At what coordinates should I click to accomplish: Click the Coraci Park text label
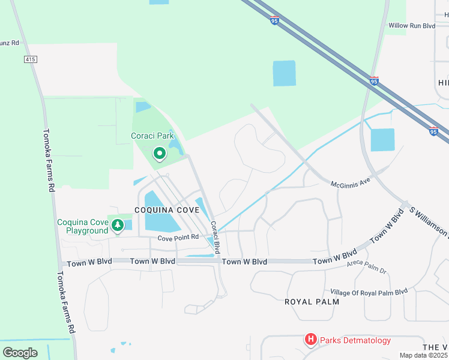152,136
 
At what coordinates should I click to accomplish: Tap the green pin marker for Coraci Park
159,154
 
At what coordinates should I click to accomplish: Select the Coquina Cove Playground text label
83,226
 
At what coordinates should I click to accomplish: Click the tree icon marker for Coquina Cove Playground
118,225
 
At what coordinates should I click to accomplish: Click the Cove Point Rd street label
178,238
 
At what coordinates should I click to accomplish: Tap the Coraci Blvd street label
214,237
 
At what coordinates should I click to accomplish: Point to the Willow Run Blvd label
411,26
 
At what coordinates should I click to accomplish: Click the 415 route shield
31,59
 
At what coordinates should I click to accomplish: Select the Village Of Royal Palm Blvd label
369,292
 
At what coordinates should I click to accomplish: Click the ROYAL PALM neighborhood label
312,301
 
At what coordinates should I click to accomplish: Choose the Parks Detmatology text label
355,341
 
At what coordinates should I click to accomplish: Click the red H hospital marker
310,340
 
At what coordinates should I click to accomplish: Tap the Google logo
20,352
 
